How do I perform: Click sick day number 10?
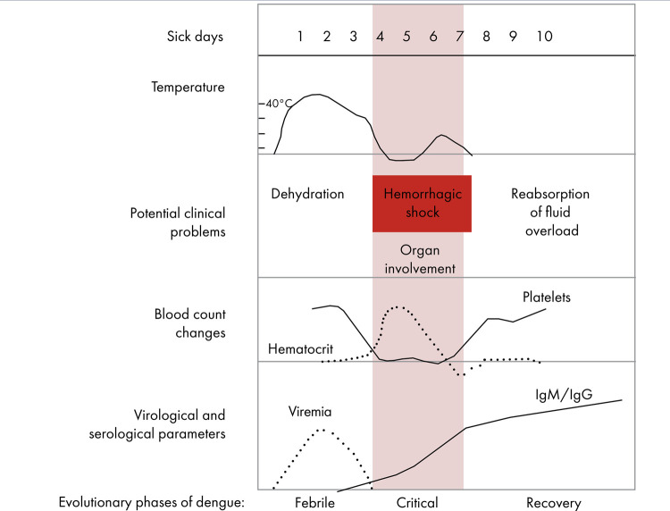click(544, 37)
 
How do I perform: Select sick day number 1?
click(300, 37)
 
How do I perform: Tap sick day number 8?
click(486, 37)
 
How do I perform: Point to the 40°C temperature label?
click(279, 104)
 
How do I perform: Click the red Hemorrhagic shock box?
click(422, 204)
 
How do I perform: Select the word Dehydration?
click(307, 194)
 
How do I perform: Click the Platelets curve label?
click(547, 297)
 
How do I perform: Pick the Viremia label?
click(309, 413)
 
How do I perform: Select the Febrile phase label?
click(314, 503)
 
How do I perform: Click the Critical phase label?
click(417, 503)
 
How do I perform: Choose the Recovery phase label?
click(553, 503)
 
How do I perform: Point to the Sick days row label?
click(195, 37)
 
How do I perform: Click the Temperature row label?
click(188, 87)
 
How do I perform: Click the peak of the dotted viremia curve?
click(322, 430)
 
